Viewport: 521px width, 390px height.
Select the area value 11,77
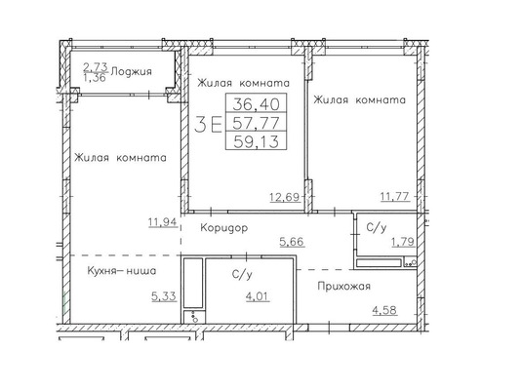pyautogui.click(x=393, y=197)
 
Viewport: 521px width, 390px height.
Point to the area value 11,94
pyautogui.click(x=162, y=222)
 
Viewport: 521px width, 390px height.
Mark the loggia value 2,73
pyautogui.click(x=96, y=66)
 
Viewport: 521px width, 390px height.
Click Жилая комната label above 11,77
pyautogui.click(x=358, y=99)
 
